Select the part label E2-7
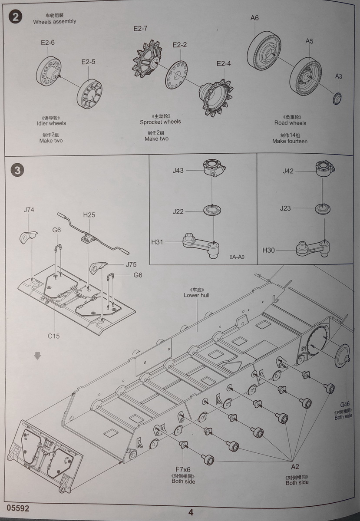click(141, 29)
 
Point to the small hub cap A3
click(337, 98)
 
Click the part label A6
click(254, 18)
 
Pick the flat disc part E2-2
click(177, 76)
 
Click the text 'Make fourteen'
click(290, 141)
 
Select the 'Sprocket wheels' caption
click(160, 122)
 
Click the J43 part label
click(178, 171)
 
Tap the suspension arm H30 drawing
click(313, 247)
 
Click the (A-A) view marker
click(236, 257)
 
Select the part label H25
click(89, 214)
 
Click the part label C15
click(54, 336)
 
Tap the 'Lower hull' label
click(196, 295)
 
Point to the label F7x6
click(183, 469)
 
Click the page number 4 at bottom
click(191, 512)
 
